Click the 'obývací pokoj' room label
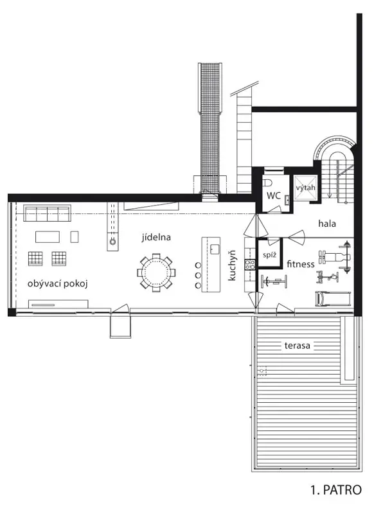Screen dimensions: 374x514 pos(58,283)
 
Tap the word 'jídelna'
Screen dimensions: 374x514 pos(156,237)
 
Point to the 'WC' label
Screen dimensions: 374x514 pos(273,196)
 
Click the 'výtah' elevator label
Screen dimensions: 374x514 pos(305,188)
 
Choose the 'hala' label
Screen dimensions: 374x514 pos(327,224)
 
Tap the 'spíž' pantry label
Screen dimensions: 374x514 pos(269,255)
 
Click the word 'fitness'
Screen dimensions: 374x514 pos(301,264)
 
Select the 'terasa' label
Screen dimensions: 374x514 pos(298,346)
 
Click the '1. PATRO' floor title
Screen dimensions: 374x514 pos(336,490)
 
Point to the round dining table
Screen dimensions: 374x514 pos(156,272)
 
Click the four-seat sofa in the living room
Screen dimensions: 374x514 pos(47,213)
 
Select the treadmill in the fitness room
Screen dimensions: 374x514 pos(333,298)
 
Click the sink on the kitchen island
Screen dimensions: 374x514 pos(215,249)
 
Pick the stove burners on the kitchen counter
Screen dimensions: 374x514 pos(250,264)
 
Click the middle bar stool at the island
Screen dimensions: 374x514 pos(198,275)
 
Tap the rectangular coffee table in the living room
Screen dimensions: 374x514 pos(48,236)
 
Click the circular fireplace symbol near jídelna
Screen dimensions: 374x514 pos(112,242)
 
